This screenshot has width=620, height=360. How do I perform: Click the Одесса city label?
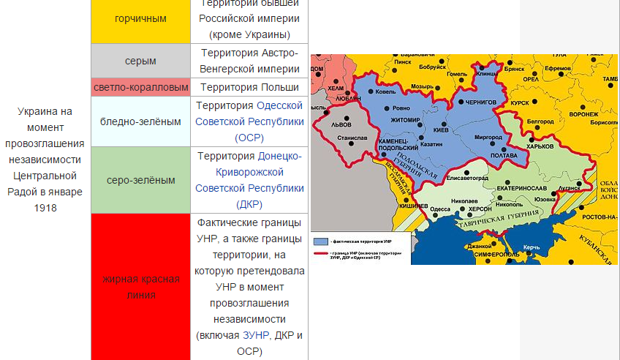click(x=440, y=209)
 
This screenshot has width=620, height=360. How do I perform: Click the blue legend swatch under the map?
click(x=320, y=241)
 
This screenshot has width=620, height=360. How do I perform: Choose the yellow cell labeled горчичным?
click(x=140, y=18)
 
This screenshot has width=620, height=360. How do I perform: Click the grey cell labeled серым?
click(x=140, y=61)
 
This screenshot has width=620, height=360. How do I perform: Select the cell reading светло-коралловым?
click(x=140, y=87)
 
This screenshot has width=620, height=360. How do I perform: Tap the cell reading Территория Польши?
click(x=249, y=87)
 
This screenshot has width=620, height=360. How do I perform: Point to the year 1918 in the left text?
click(x=45, y=208)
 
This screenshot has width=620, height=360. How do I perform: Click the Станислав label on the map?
click(x=352, y=137)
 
